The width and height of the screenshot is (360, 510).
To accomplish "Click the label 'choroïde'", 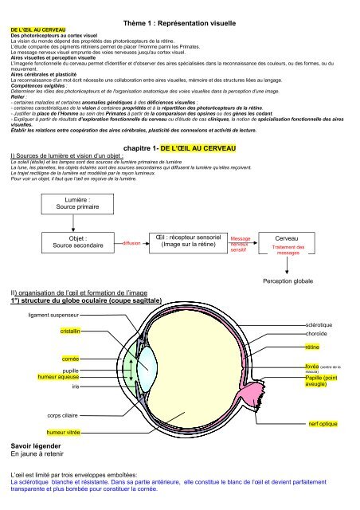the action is point(319,335).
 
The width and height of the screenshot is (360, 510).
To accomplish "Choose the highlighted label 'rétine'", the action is point(312,348).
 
